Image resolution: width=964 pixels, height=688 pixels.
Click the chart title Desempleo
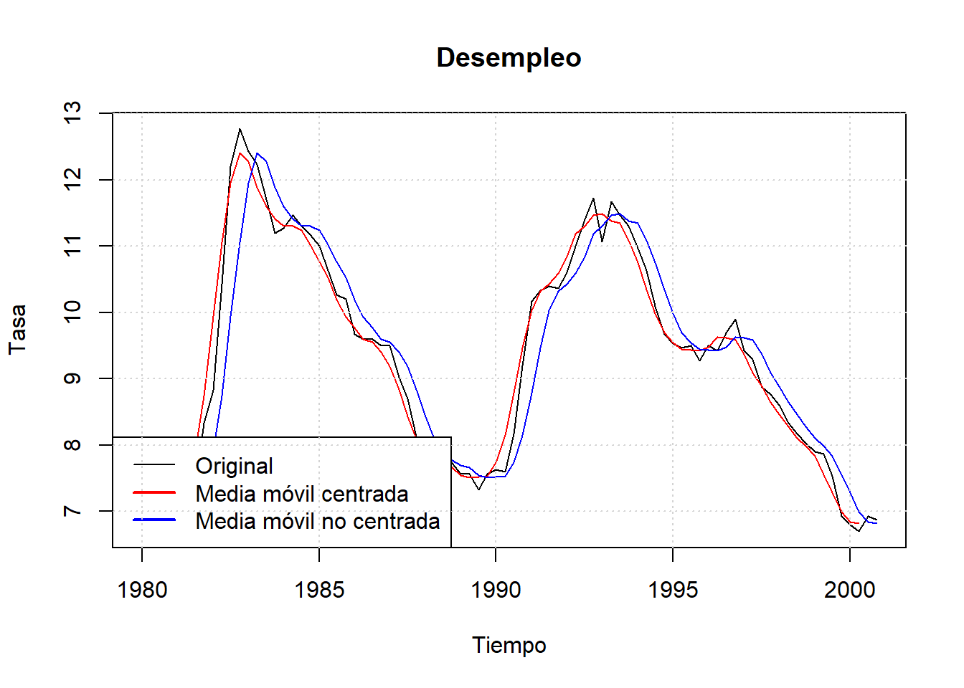pos(509,58)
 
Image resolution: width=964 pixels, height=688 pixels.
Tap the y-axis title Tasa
pos(17,329)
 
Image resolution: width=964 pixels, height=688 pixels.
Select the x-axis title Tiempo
pos(509,645)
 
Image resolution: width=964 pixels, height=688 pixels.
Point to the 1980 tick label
pos(142,590)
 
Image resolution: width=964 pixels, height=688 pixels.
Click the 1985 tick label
pos(319,590)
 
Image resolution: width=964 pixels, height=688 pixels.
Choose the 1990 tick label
pos(496,590)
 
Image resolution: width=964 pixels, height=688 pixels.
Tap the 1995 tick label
pos(673,590)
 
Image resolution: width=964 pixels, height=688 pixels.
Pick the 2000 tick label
pos(849,590)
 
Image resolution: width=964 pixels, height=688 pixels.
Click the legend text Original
pos(234,466)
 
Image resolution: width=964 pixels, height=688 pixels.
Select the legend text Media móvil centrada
pos(301,494)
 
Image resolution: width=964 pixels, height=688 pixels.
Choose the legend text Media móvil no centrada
pos(317,521)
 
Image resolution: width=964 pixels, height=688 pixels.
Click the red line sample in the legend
pos(154,493)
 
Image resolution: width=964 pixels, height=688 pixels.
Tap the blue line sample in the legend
pos(154,520)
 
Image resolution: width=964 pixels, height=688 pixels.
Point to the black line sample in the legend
pos(154,465)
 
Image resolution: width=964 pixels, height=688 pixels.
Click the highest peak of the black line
pos(240,130)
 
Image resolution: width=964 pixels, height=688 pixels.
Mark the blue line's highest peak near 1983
pos(257,153)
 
